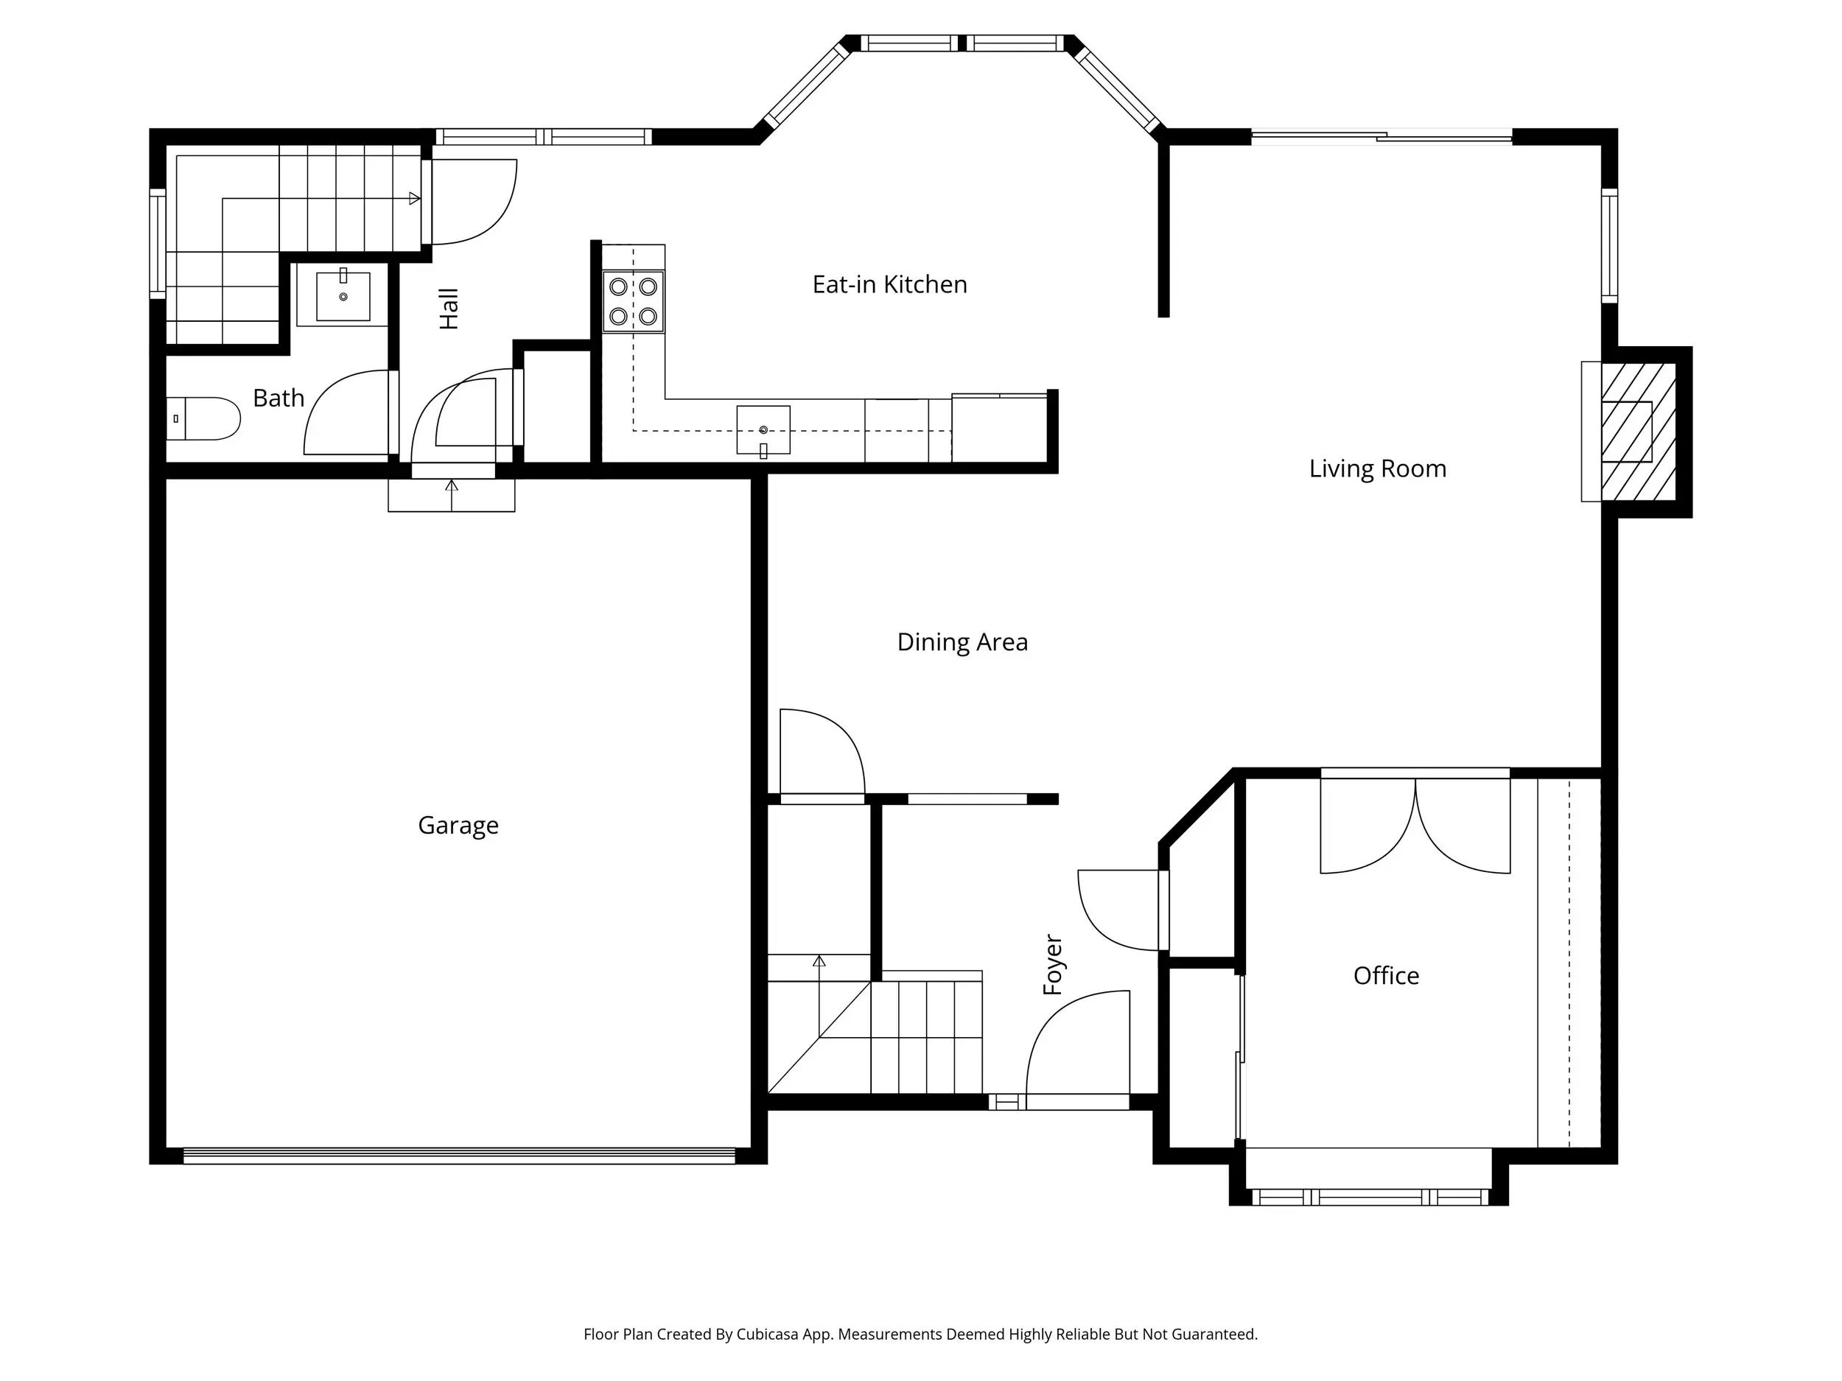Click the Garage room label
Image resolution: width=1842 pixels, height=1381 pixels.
point(458,826)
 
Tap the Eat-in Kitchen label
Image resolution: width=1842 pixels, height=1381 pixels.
point(889,285)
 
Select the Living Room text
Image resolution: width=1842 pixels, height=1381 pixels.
point(1377,469)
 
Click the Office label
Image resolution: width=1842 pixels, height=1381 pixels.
point(1386,976)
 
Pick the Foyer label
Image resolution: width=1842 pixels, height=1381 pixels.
point(1054,965)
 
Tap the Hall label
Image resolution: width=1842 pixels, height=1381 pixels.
point(449,309)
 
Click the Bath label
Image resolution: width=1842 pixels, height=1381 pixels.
point(278,398)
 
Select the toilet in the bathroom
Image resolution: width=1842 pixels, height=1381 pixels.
point(203,418)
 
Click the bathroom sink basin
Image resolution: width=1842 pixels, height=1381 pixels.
point(343,295)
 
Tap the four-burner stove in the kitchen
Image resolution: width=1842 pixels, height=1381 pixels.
point(634,301)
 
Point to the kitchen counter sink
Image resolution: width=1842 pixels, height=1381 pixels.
point(763,430)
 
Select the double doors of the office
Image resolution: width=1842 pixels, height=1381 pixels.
point(1415,824)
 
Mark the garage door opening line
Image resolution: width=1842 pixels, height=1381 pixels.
point(459,1156)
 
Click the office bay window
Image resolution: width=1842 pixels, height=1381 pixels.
point(1370,1197)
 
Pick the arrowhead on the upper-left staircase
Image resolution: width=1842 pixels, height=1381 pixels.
point(415,198)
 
